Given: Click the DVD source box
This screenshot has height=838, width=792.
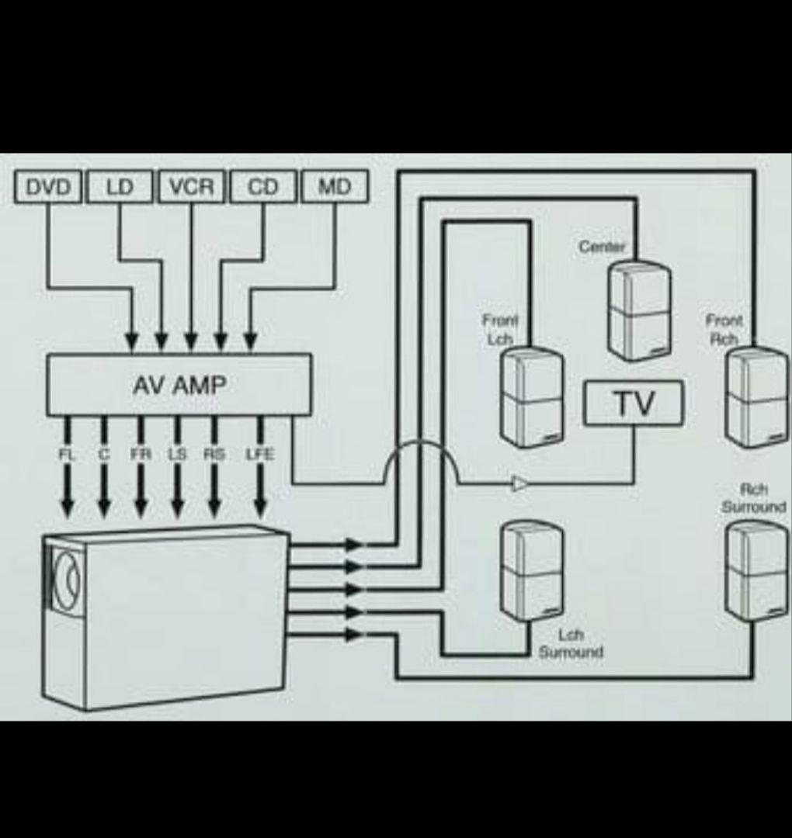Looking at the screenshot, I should [x=48, y=187].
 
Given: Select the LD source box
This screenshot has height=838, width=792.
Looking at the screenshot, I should [x=120, y=187].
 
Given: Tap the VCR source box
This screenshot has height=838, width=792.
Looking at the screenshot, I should [x=191, y=187].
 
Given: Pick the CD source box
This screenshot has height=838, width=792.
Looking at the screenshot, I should [x=262, y=187].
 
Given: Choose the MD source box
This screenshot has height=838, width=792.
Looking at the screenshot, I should [x=334, y=187].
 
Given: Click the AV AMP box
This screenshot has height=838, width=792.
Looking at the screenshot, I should [x=179, y=385].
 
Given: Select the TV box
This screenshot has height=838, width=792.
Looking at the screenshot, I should [x=634, y=403].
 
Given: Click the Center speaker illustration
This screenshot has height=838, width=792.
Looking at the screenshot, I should [x=639, y=310].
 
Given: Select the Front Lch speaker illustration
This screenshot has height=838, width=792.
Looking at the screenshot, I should [x=532, y=396].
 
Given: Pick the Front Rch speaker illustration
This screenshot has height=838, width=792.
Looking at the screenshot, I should [x=756, y=396].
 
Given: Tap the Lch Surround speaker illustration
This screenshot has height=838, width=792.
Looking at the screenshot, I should [x=532, y=570].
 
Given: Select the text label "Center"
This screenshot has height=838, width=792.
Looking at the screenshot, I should [x=602, y=248].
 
